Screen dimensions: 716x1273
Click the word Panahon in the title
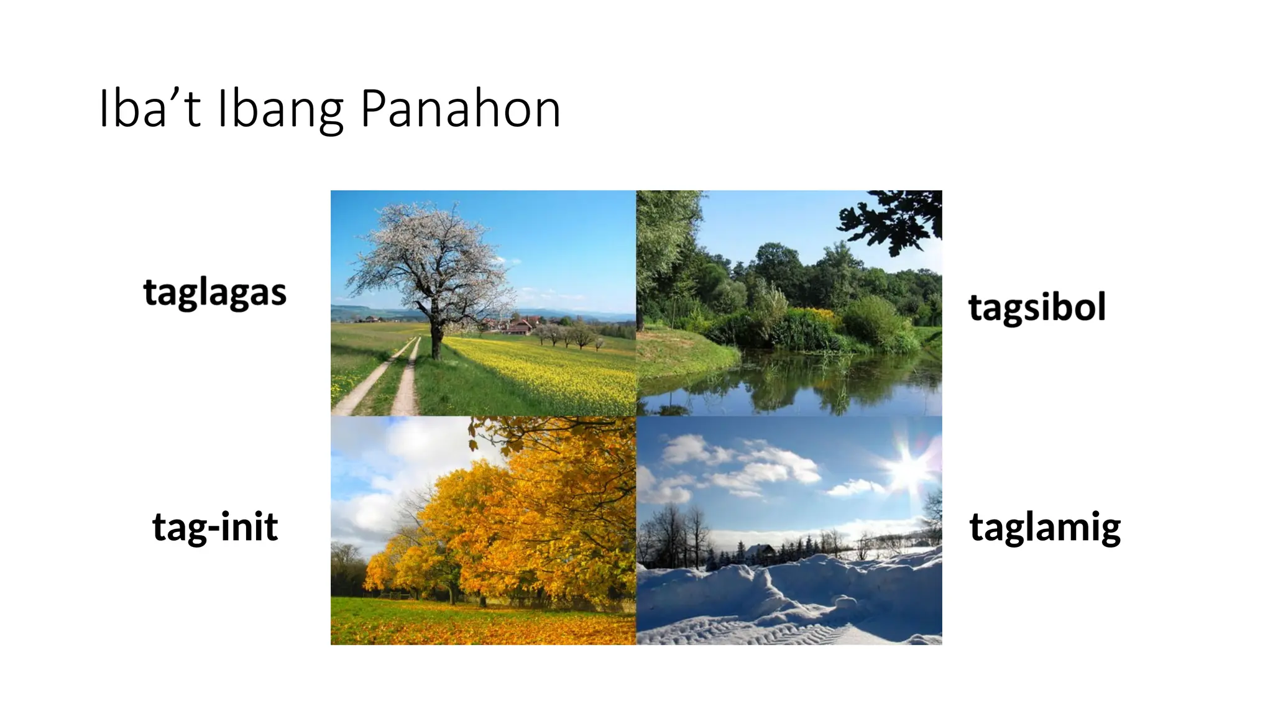(x=460, y=109)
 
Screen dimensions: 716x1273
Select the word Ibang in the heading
(x=280, y=109)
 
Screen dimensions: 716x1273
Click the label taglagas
(x=215, y=292)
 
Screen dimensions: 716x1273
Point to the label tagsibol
(x=1037, y=307)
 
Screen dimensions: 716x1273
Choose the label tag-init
(x=215, y=526)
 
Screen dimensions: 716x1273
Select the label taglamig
(x=1045, y=527)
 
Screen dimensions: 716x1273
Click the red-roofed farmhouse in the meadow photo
(x=521, y=326)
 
